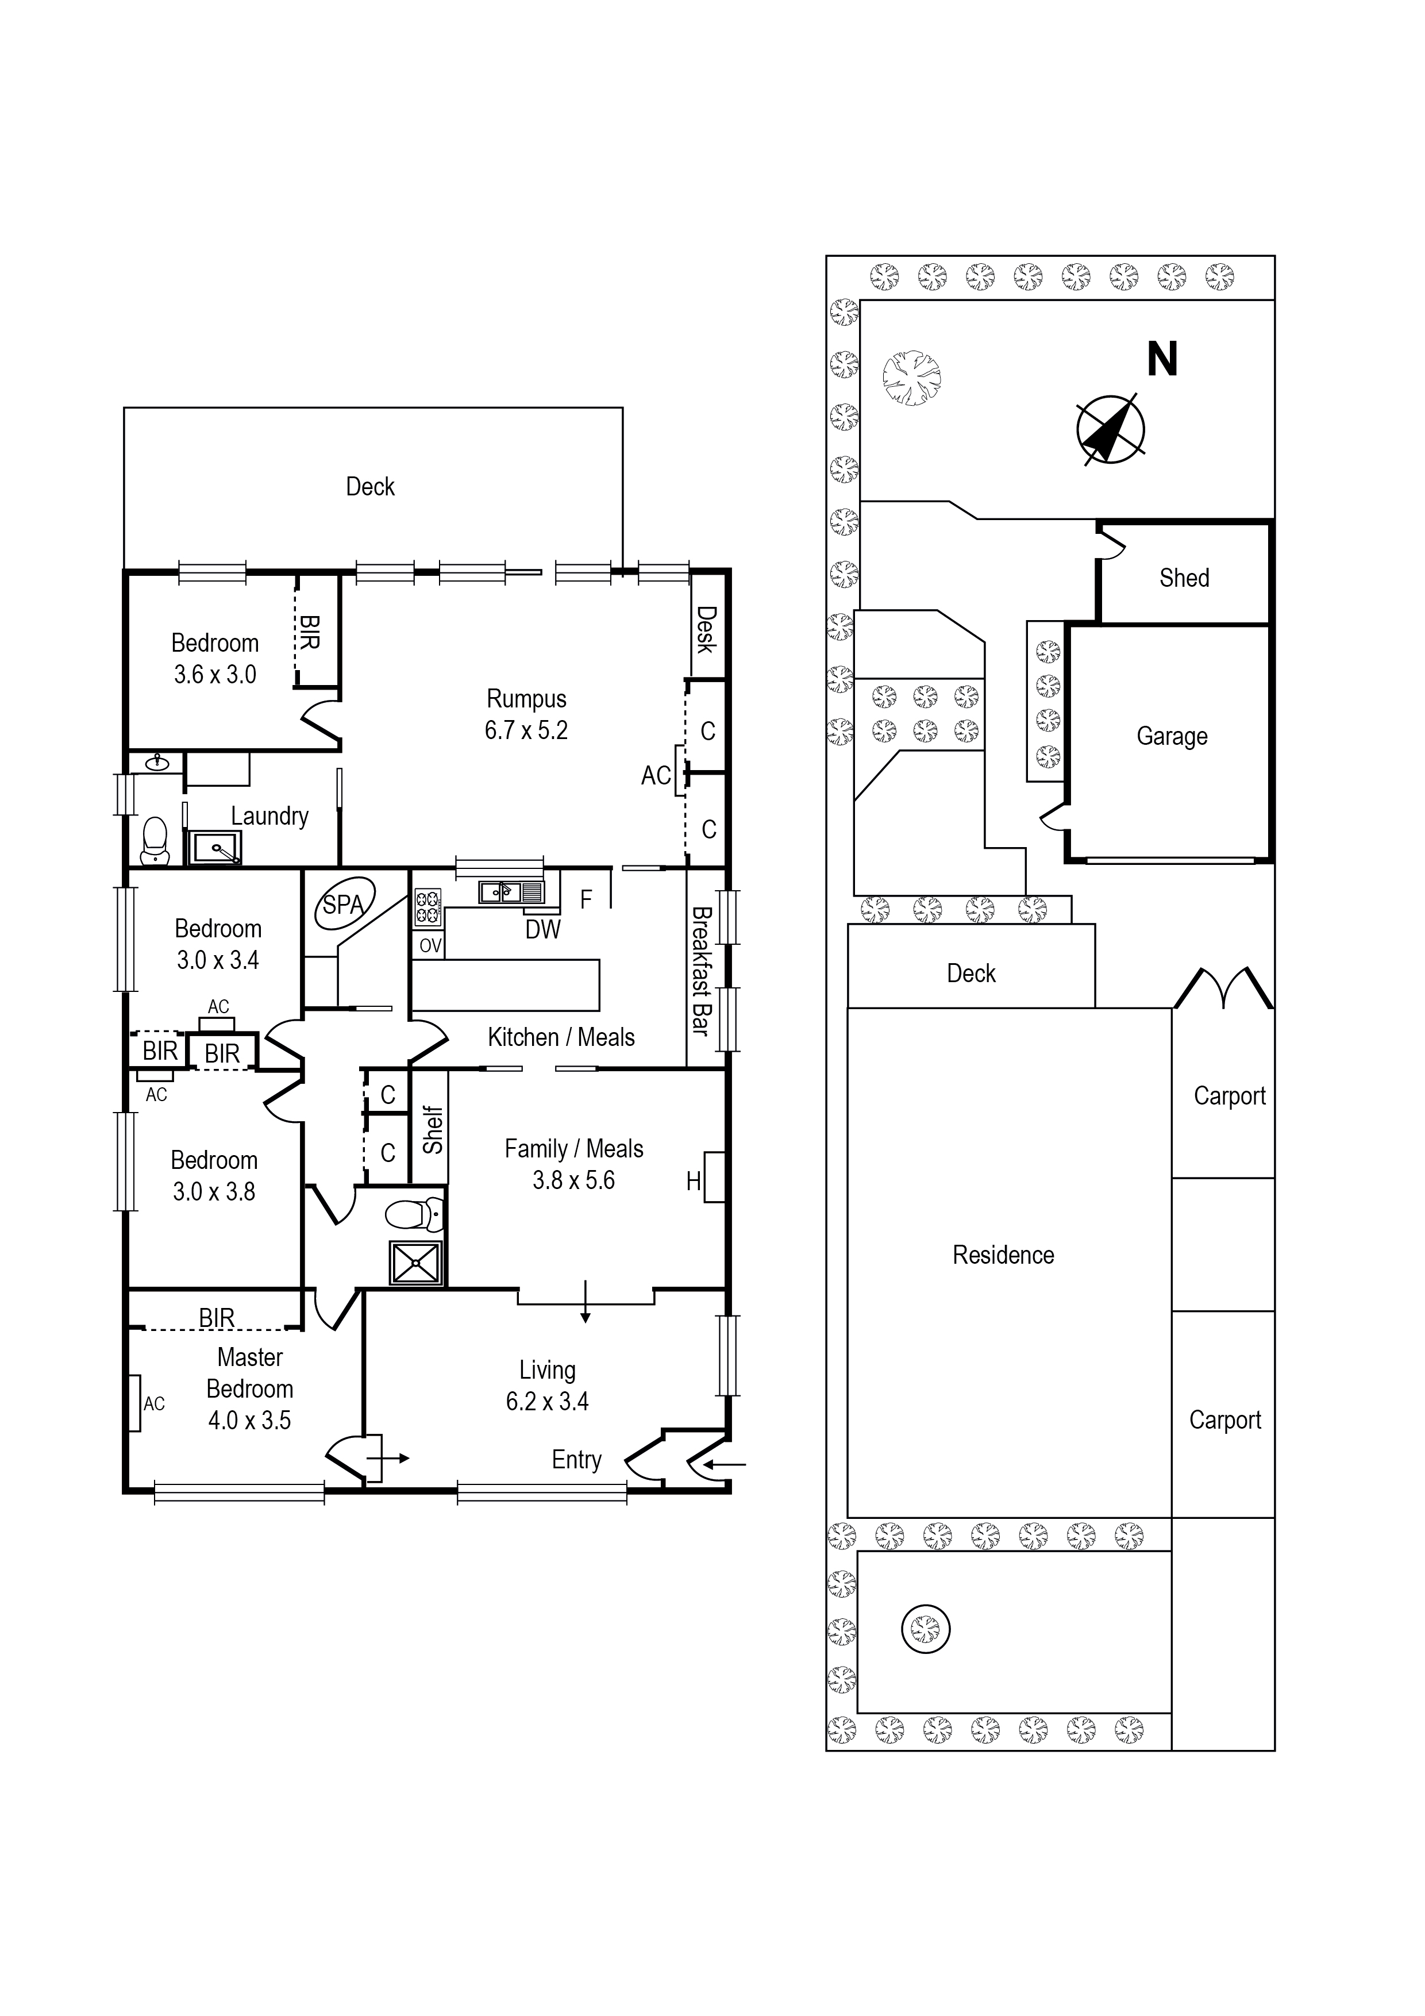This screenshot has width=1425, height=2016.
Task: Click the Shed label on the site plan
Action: [1184, 578]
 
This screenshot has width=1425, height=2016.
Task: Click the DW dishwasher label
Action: [542, 930]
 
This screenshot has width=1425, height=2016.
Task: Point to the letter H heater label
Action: [693, 1182]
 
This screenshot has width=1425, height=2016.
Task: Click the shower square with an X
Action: [415, 1263]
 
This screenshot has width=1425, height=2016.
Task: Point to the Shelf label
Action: [432, 1129]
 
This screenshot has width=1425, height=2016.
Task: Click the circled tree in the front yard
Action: [926, 1629]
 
